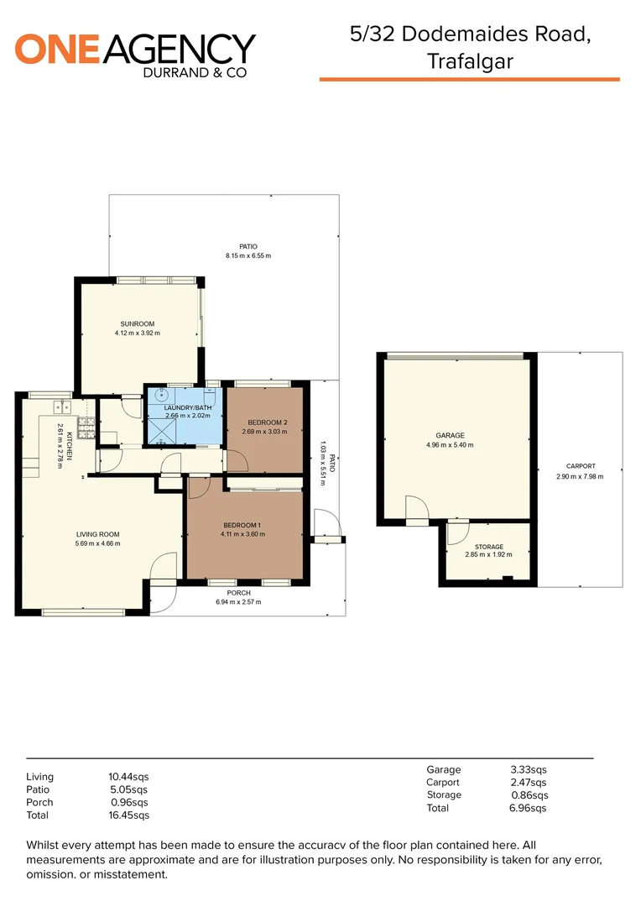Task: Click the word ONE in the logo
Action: [x=58, y=50]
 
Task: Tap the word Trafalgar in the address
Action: [x=469, y=60]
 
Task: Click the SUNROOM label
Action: [x=137, y=323]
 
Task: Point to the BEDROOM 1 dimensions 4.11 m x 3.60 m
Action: [x=242, y=534]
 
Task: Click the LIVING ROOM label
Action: [x=98, y=533]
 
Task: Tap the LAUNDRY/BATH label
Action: [x=185, y=406]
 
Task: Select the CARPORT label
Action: [x=581, y=466]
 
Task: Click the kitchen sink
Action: [x=60, y=407]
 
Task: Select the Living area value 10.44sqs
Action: [x=123, y=777]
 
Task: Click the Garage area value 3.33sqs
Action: [x=529, y=769]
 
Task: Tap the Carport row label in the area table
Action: [x=443, y=782]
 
